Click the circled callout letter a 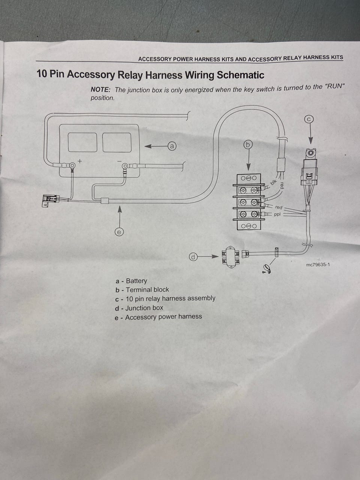coord(172,146)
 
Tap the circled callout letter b coord(248,145)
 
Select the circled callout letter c coord(309,119)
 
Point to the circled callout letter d coord(193,257)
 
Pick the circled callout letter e coord(119,232)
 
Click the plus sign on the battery coord(80,161)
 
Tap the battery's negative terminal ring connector coord(125,166)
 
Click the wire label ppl coord(277,214)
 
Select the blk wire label coord(273,182)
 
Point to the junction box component coord(231,257)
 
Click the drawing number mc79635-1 coord(318,265)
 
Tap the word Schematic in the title coord(240,75)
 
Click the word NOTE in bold coord(101,90)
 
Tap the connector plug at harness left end coord(50,200)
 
